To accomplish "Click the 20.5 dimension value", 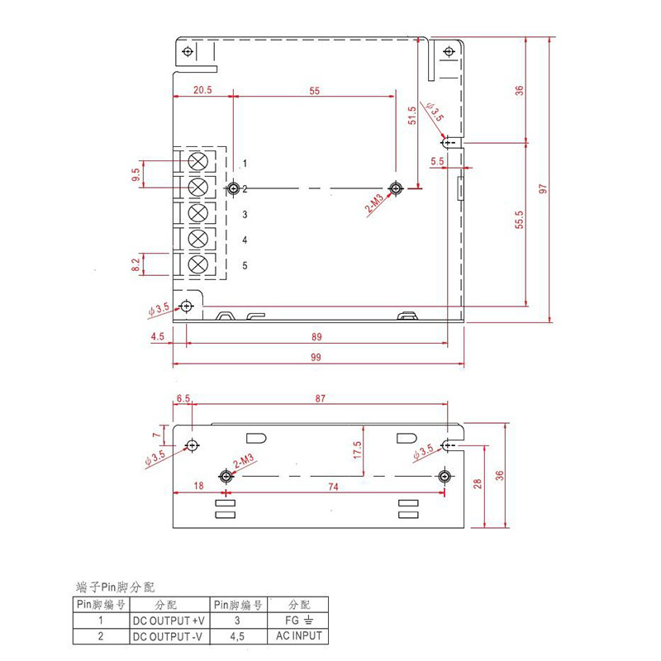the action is (202, 90).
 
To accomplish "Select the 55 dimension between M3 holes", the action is (315, 91).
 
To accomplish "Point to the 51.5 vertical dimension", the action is (411, 116).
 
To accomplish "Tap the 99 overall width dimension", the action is (316, 358).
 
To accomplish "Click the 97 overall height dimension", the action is (543, 188).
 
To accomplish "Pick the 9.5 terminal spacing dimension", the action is (136, 174).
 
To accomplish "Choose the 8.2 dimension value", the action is (136, 264).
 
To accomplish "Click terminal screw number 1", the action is (197, 161).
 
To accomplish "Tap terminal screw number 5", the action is (197, 264).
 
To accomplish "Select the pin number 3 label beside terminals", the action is (245, 215).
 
